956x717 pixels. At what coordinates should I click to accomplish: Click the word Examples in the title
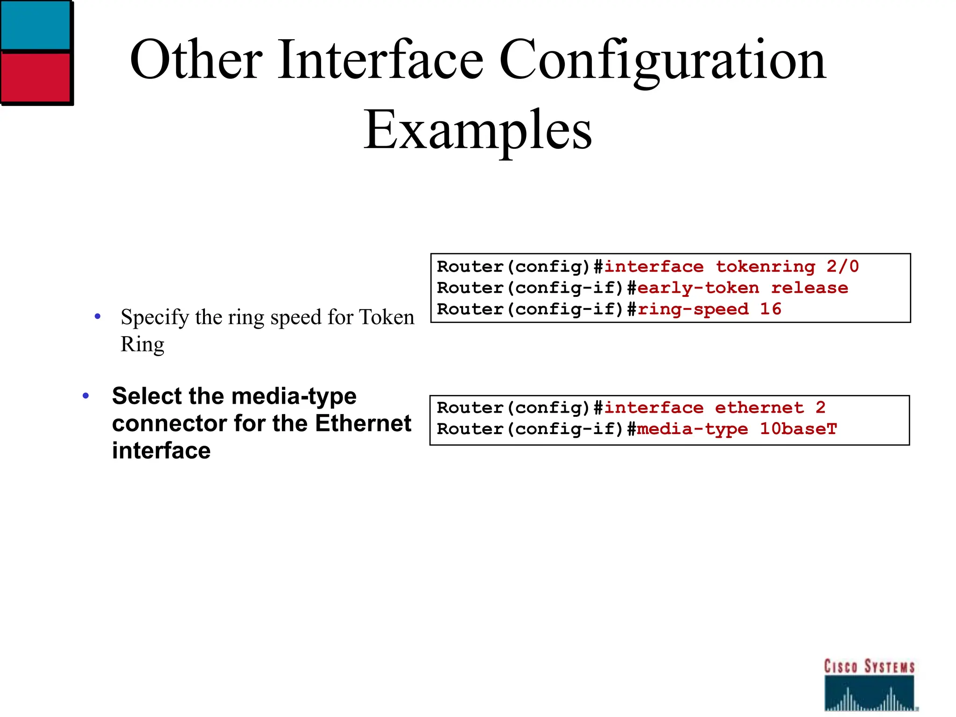click(x=478, y=129)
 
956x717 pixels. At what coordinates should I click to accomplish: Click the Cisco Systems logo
click(x=870, y=684)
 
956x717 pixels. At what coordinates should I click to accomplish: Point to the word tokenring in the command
click(x=766, y=267)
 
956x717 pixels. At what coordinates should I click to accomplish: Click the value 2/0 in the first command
click(x=843, y=267)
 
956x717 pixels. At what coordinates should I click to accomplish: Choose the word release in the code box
click(x=809, y=288)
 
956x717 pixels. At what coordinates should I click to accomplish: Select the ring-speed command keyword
click(x=693, y=309)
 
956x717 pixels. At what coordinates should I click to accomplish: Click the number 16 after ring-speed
click(x=771, y=309)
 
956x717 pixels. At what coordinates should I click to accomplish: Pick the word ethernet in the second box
click(x=759, y=408)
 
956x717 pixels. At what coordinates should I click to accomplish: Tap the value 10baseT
click(x=799, y=429)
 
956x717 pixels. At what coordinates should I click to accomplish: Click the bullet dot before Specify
click(x=98, y=317)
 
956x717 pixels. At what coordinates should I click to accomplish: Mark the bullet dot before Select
click(x=85, y=396)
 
